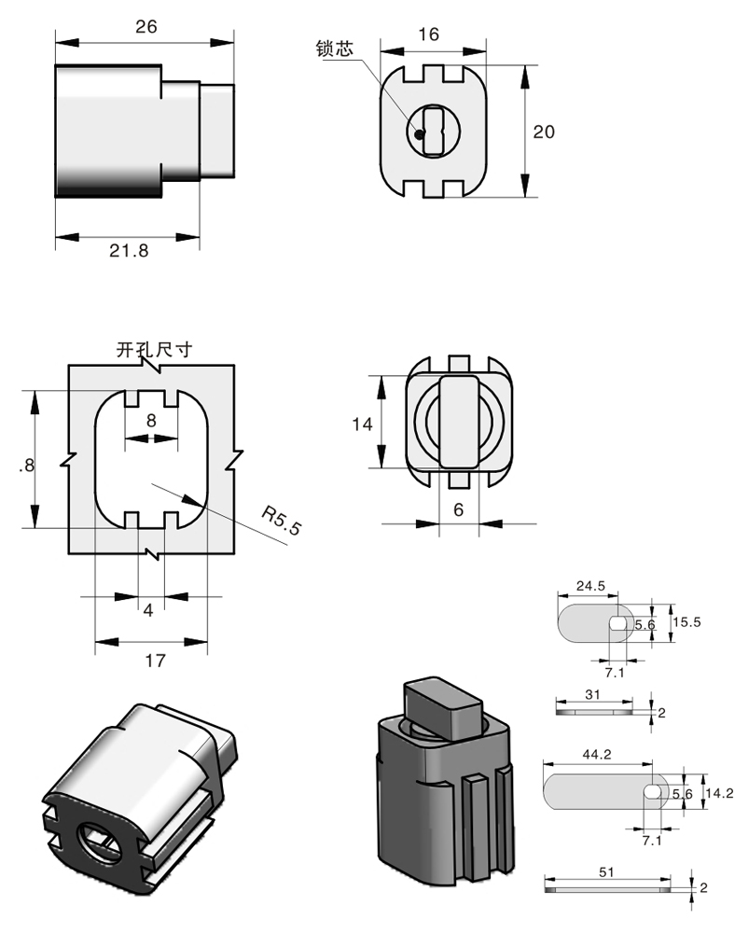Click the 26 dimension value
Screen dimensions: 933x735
(x=146, y=27)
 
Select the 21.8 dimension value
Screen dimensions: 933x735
(x=129, y=250)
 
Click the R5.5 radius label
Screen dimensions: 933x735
(x=282, y=521)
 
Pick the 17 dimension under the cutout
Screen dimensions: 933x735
(x=155, y=660)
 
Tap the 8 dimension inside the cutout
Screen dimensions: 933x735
(x=151, y=420)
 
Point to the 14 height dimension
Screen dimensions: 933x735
(x=362, y=424)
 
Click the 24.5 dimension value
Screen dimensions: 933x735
(x=590, y=586)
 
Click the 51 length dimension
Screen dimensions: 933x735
(x=606, y=872)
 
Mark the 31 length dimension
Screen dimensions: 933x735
(x=593, y=694)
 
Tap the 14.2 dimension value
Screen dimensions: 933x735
(x=719, y=793)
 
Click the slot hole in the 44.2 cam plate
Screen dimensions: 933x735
(x=653, y=791)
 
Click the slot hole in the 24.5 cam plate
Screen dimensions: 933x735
(x=618, y=621)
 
